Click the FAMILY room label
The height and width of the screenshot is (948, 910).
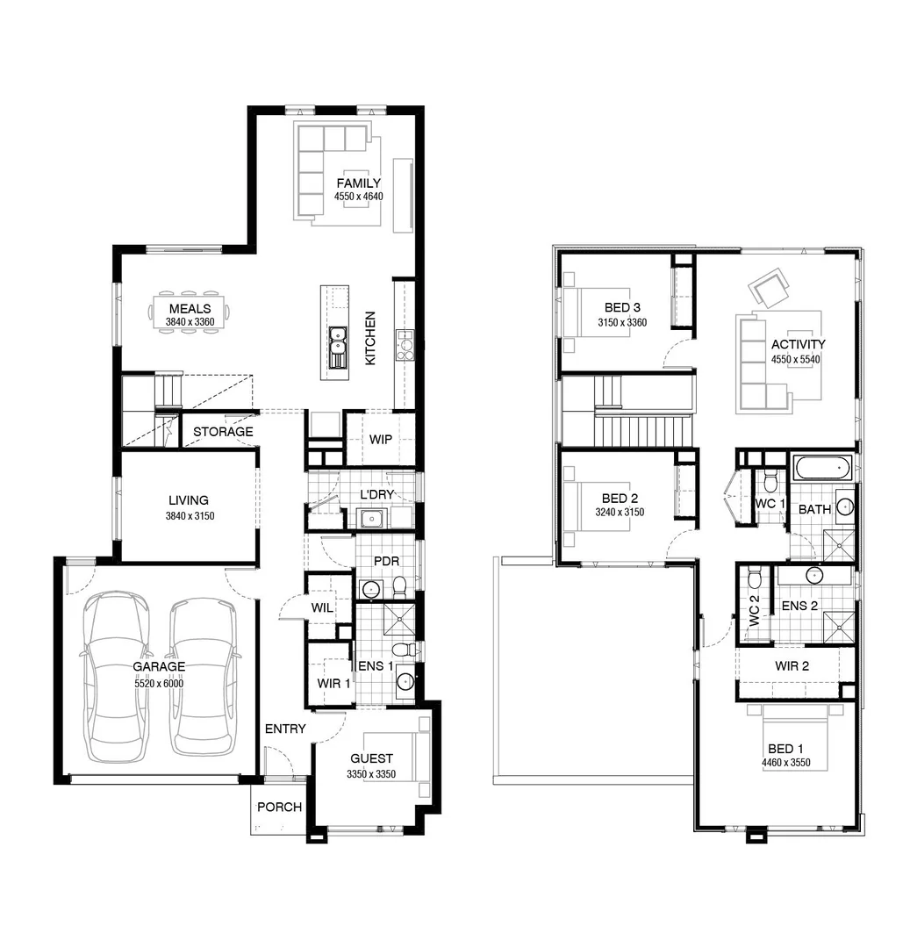358,183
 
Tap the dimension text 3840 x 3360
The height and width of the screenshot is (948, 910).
190,322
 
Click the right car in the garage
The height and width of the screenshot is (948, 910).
203,676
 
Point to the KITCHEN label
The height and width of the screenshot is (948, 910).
370,338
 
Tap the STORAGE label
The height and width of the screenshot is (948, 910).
223,432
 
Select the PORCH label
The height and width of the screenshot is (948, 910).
279,808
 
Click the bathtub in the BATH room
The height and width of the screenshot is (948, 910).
822,467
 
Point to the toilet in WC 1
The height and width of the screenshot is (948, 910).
770,481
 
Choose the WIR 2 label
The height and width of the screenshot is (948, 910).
792,666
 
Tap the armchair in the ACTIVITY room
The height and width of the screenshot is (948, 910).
769,288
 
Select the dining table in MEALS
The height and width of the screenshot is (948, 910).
190,309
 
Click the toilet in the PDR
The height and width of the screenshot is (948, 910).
399,585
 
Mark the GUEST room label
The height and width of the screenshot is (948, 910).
371,758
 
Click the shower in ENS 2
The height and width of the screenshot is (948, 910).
838,626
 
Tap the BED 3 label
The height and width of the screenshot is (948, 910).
622,308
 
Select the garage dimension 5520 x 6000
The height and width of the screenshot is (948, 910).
159,682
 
